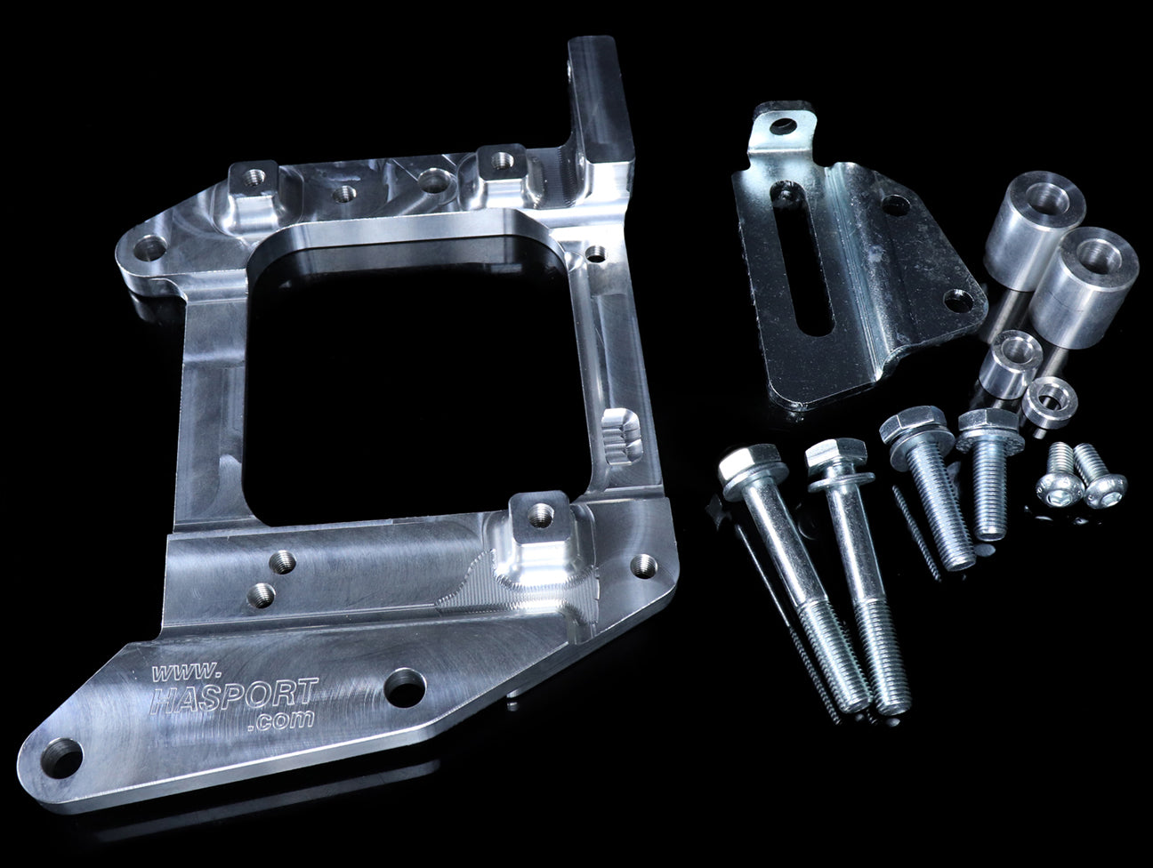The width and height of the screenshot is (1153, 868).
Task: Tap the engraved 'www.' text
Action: (184, 671)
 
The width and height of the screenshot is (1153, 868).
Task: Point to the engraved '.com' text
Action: (281, 719)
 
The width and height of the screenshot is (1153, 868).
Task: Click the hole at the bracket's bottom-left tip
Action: (62, 758)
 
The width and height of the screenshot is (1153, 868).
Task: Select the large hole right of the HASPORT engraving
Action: (405, 687)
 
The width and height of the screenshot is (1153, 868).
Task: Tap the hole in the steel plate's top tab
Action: (785, 125)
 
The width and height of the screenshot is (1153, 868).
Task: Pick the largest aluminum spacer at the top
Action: (1034, 230)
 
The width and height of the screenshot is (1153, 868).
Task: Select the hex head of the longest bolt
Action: (751, 466)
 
